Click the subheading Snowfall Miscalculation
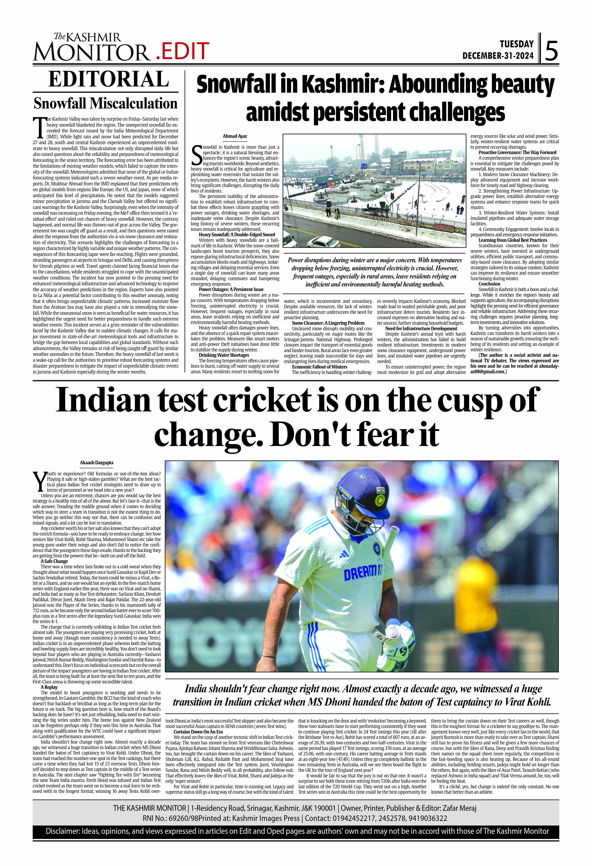106,103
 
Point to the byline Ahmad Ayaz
235,136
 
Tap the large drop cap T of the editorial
39,127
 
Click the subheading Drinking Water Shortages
224,355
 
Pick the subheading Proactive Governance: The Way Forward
517,152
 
